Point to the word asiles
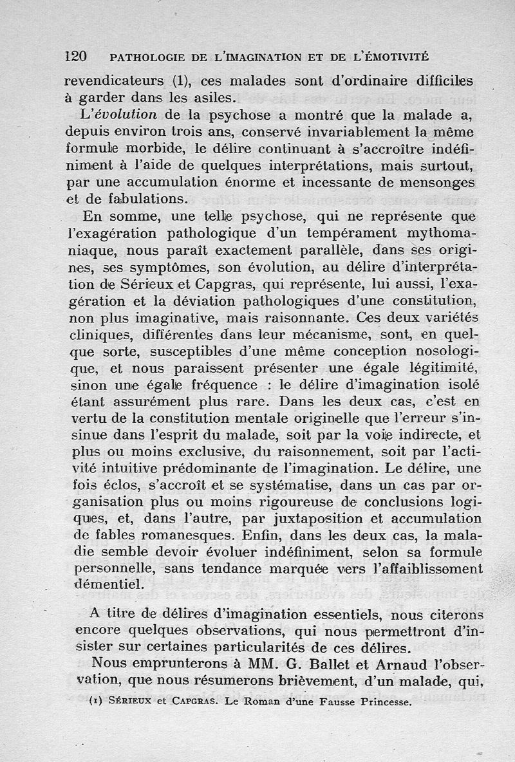(x=209, y=98)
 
